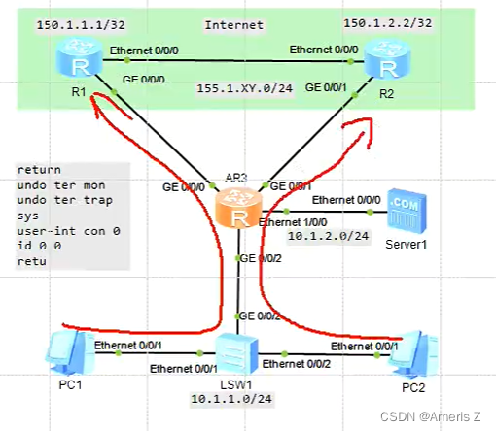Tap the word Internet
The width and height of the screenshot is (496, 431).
tap(234, 22)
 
